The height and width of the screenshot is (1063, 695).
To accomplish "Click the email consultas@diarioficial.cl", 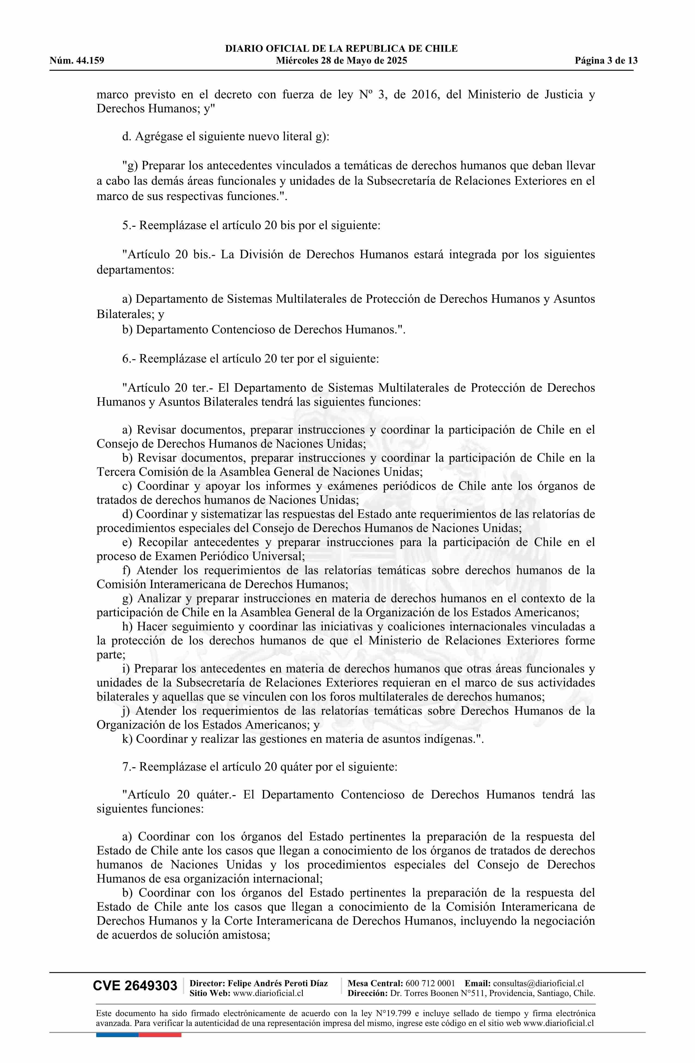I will pos(538,983).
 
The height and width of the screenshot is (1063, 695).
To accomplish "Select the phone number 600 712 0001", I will pos(430,983).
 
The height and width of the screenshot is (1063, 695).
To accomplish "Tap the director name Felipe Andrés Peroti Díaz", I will pos(277,983).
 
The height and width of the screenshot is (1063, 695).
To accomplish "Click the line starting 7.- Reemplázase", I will pos(259,767).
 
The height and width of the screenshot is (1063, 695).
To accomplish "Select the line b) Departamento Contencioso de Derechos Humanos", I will pos(264,330).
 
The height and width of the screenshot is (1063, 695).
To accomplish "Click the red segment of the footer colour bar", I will pos(160,1035).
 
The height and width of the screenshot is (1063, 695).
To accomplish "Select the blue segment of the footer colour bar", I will pos(117,1035).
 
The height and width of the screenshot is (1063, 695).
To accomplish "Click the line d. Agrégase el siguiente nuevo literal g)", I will pos(226,137).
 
